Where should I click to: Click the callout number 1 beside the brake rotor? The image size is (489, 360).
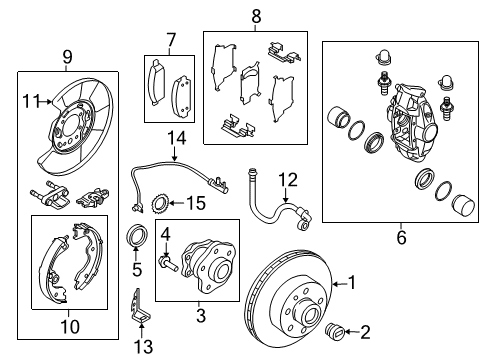click(x=351, y=281)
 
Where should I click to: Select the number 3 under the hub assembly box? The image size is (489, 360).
click(x=201, y=316)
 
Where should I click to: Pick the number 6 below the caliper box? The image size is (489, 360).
click(x=401, y=237)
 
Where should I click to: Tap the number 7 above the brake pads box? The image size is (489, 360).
click(x=170, y=39)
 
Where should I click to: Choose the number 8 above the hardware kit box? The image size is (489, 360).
click(x=255, y=16)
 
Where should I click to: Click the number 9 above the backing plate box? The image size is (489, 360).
click(x=67, y=56)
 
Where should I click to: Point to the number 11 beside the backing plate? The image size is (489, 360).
click(x=31, y=99)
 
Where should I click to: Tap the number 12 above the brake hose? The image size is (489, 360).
click(x=288, y=180)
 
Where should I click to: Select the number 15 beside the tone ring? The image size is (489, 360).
click(x=194, y=205)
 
